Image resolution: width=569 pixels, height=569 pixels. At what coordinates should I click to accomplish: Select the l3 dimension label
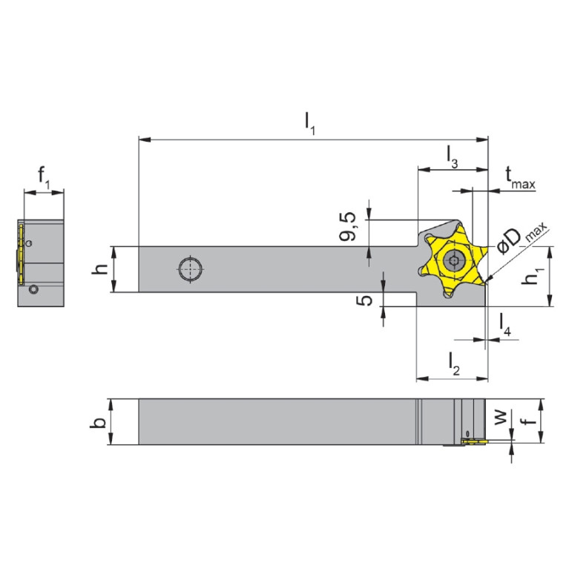(x=452, y=155)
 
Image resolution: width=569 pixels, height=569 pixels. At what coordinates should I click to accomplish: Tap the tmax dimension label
(x=520, y=177)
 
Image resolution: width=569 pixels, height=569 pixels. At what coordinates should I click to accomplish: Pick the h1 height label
(x=532, y=278)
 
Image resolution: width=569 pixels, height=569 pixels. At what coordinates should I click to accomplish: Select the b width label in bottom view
(x=97, y=422)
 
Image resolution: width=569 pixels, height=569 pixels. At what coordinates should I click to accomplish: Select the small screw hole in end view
(x=32, y=290)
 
